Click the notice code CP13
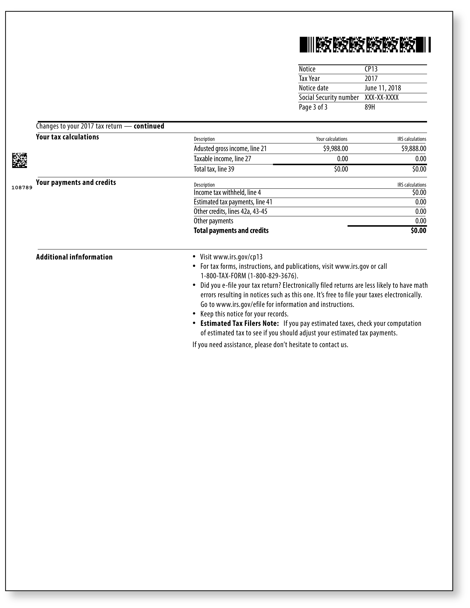click(371, 69)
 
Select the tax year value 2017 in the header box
click(371, 78)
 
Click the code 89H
click(370, 107)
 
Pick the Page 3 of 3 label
click(313, 107)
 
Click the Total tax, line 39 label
click(214, 169)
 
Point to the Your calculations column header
click(331, 139)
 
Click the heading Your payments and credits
click(76, 182)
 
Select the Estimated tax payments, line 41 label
click(233, 202)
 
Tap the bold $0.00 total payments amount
click(418, 231)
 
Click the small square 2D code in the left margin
click(19, 160)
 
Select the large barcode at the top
click(365, 45)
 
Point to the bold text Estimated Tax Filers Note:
click(239, 323)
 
